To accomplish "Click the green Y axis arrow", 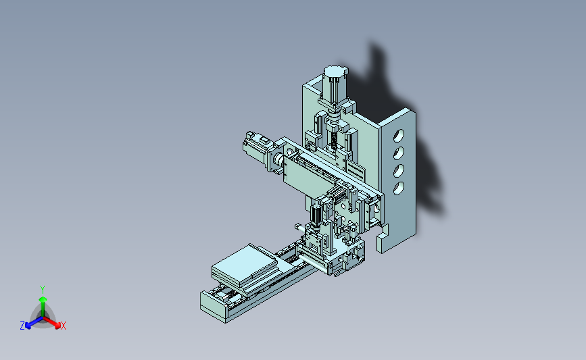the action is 43,307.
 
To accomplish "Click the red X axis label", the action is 63,326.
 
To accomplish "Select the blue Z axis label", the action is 22,326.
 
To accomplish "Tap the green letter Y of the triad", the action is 43,290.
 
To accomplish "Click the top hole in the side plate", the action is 398,136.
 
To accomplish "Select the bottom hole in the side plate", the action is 398,188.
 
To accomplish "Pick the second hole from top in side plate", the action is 398,153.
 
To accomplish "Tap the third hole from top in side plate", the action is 398,170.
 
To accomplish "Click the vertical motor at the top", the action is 335,86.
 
